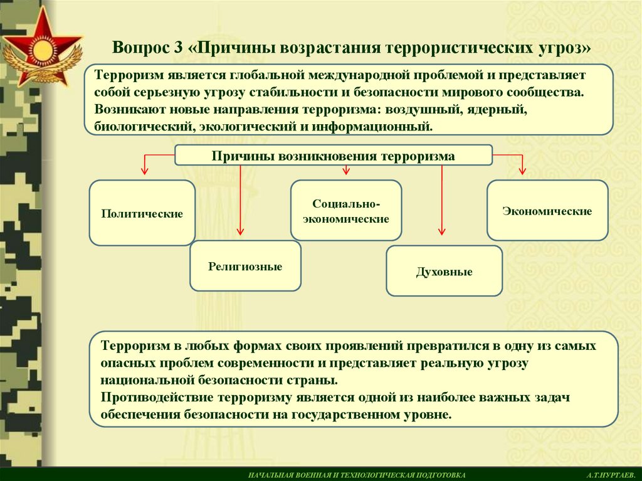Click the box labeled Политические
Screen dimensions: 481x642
tap(142, 213)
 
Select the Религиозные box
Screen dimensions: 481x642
tap(245, 266)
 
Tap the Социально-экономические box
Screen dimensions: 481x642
tap(346, 211)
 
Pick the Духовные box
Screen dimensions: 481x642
tap(444, 271)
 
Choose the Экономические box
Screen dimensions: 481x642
tap(547, 211)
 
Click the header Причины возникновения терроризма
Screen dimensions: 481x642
tap(334, 156)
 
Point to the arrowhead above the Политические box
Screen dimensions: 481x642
tap(144, 171)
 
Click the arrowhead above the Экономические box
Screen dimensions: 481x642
tap(522, 171)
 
